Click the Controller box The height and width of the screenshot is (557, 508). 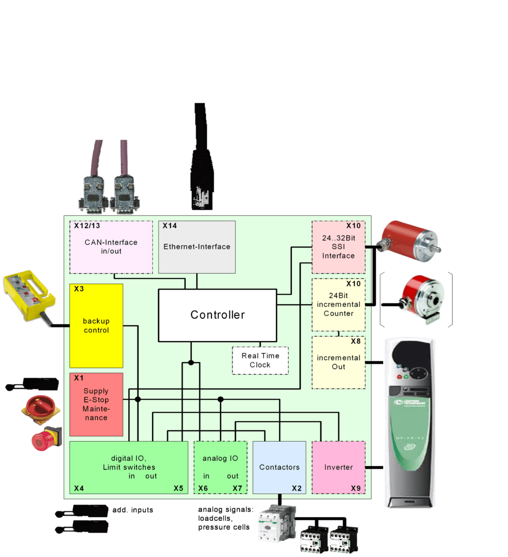pos(217,315)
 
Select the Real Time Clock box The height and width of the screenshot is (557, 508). pos(260,360)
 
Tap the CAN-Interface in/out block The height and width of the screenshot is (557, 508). pos(111,247)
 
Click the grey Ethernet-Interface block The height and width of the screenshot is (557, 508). pos(197,247)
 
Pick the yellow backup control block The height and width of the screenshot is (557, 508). pos(96,325)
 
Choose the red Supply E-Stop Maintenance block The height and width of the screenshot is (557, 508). pos(96,404)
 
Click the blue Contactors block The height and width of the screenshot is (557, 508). pos(279,467)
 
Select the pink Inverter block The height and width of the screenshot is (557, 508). pos(338,467)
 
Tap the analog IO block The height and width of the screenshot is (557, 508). pos(221,467)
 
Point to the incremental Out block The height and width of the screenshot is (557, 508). pos(338,362)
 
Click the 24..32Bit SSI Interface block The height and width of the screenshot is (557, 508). pos(338,247)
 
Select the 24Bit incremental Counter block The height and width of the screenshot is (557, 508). pos(338,305)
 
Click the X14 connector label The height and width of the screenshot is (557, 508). pos(170,226)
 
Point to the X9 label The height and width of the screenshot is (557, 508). pos(355,488)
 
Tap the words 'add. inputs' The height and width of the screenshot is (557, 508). pos(133,510)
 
